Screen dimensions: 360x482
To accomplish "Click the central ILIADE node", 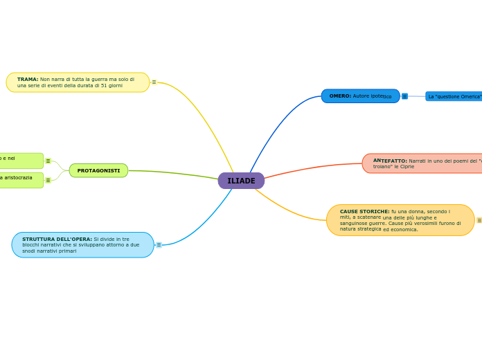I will (241, 181).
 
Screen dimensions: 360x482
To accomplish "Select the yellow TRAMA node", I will (78, 82).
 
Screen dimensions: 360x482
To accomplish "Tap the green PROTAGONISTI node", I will (98, 170).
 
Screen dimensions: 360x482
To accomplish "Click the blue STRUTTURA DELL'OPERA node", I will (82, 244).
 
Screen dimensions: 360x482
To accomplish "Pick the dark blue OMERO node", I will (360, 96).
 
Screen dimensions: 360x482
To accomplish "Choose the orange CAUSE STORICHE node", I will (400, 220).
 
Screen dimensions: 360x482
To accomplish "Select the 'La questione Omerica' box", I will (454, 96).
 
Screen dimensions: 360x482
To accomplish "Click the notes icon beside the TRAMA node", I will (154, 82).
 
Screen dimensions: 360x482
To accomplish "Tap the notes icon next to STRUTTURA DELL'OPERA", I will (159, 244).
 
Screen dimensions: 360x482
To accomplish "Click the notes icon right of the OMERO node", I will (404, 96).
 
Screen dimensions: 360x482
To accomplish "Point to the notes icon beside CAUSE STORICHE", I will (479, 220).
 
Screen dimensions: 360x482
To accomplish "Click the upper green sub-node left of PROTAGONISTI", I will (21, 161).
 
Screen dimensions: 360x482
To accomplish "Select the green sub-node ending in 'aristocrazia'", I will (21, 180).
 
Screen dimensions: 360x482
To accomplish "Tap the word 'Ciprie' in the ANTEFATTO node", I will (407, 167).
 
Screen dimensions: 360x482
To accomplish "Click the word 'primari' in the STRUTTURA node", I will (66, 251).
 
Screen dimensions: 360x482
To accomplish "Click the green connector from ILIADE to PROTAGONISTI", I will (173, 172).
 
